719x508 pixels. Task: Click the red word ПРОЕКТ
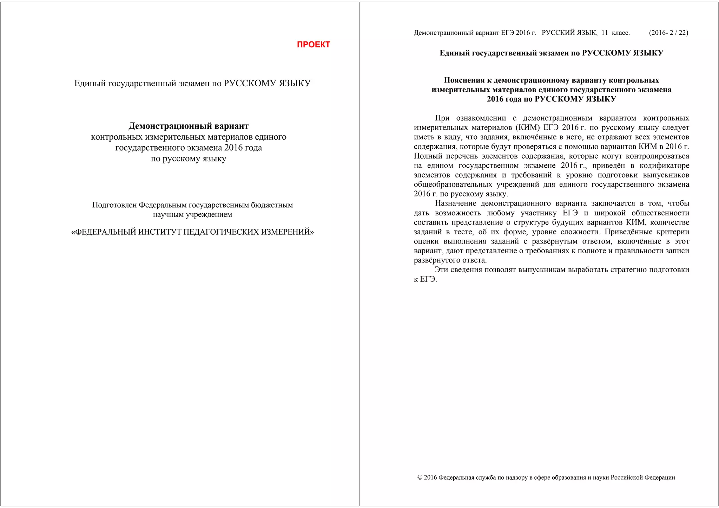[x=313, y=45]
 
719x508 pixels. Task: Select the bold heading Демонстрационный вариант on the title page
[x=189, y=126]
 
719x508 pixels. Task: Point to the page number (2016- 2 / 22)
[x=668, y=33]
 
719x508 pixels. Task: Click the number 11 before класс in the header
[x=605, y=33]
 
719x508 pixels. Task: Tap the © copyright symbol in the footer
[x=420, y=477]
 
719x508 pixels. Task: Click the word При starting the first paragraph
[x=442, y=118]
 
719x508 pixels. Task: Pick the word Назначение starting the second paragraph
[x=455, y=203]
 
